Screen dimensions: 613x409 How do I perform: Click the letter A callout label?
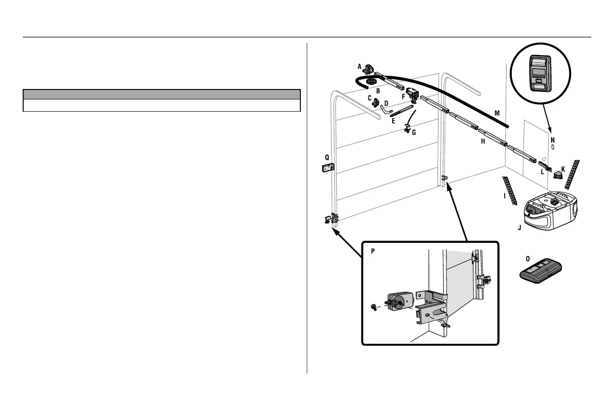click(x=359, y=66)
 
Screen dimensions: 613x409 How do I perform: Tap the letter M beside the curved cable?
click(x=497, y=113)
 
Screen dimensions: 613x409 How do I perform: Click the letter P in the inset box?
click(x=373, y=251)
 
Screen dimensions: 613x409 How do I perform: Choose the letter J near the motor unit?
click(x=519, y=228)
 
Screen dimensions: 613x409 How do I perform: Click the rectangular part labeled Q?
click(x=328, y=168)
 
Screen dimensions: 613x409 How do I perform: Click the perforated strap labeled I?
click(x=510, y=190)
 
